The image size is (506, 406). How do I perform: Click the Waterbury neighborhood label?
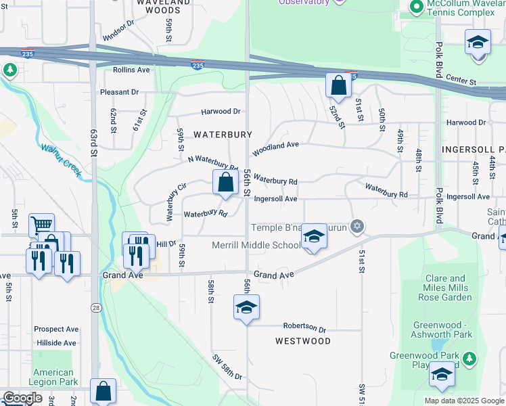click(x=223, y=135)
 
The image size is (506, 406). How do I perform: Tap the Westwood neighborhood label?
click(x=303, y=341)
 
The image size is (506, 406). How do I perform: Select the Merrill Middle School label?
click(x=256, y=245)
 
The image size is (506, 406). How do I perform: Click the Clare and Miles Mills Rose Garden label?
click(x=446, y=288)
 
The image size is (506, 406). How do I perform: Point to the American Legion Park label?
click(x=53, y=377)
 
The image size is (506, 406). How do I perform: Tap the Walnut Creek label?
click(x=62, y=160)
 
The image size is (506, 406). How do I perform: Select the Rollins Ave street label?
click(x=131, y=70)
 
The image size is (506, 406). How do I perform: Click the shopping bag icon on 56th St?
click(x=225, y=182)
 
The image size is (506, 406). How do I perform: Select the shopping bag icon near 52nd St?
click(x=338, y=86)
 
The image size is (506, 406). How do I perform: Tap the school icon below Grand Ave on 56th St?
click(x=246, y=307)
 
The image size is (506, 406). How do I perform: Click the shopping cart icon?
click(x=41, y=225)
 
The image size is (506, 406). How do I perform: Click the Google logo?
click(x=22, y=398)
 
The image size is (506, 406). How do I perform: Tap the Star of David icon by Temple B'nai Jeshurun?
click(x=358, y=227)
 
